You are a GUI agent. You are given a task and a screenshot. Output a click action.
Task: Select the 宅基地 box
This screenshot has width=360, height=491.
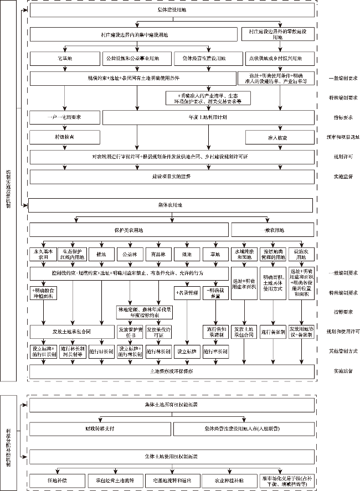coord(65,58)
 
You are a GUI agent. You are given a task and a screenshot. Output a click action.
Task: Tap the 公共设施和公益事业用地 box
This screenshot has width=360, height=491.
coord(132,58)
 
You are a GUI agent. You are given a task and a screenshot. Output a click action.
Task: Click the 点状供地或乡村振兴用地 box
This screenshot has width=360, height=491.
coord(279,58)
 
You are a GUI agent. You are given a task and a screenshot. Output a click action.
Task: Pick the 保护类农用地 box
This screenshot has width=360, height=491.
coord(129,230)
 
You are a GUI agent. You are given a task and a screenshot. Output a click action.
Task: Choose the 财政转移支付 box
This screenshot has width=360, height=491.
coord(99,429)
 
